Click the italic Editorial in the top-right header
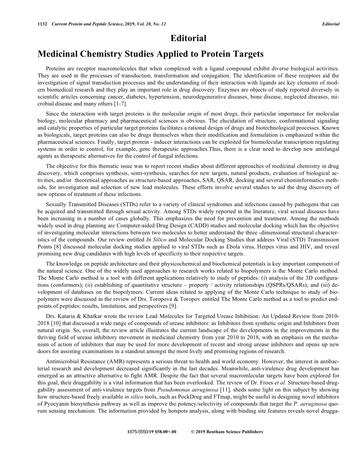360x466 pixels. [x=331, y=24]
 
